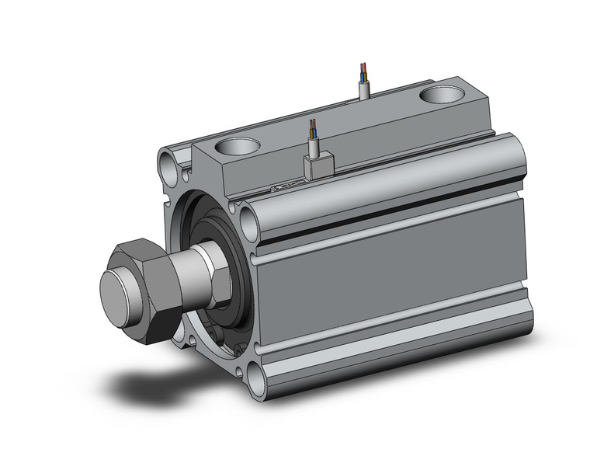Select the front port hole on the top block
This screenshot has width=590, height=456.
click(x=238, y=145)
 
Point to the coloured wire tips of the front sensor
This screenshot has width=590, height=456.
click(x=313, y=126)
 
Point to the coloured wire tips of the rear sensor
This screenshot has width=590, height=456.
click(x=363, y=71)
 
